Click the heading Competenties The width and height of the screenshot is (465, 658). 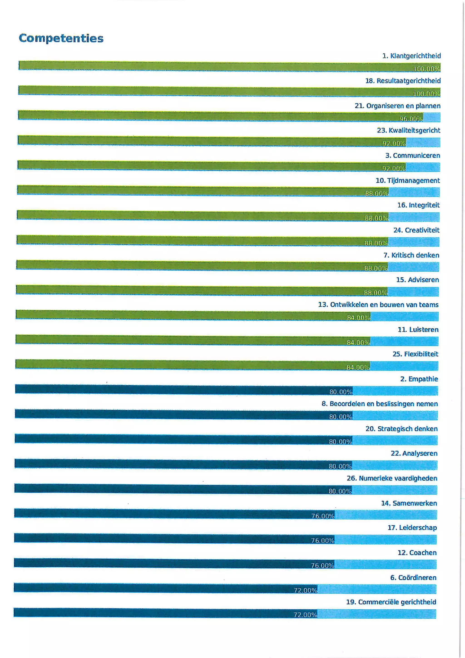61,38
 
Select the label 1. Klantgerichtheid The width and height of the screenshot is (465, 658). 411,56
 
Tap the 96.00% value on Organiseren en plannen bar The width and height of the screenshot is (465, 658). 411,119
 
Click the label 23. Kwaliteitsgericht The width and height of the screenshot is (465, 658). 408,130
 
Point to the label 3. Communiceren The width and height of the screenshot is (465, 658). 413,156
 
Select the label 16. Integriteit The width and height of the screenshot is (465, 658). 418,205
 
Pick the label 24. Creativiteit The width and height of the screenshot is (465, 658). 416,230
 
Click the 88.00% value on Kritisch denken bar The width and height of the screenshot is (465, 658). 376,268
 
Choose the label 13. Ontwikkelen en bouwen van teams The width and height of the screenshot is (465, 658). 378,305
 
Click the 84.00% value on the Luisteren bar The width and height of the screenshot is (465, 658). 358,343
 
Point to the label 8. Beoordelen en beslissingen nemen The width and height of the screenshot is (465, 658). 380,404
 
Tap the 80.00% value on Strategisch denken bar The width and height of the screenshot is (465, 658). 340,442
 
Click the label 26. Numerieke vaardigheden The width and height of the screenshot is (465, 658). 392,478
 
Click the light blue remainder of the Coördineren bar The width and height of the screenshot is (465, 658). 376,589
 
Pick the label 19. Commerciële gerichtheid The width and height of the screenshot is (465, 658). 391,602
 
